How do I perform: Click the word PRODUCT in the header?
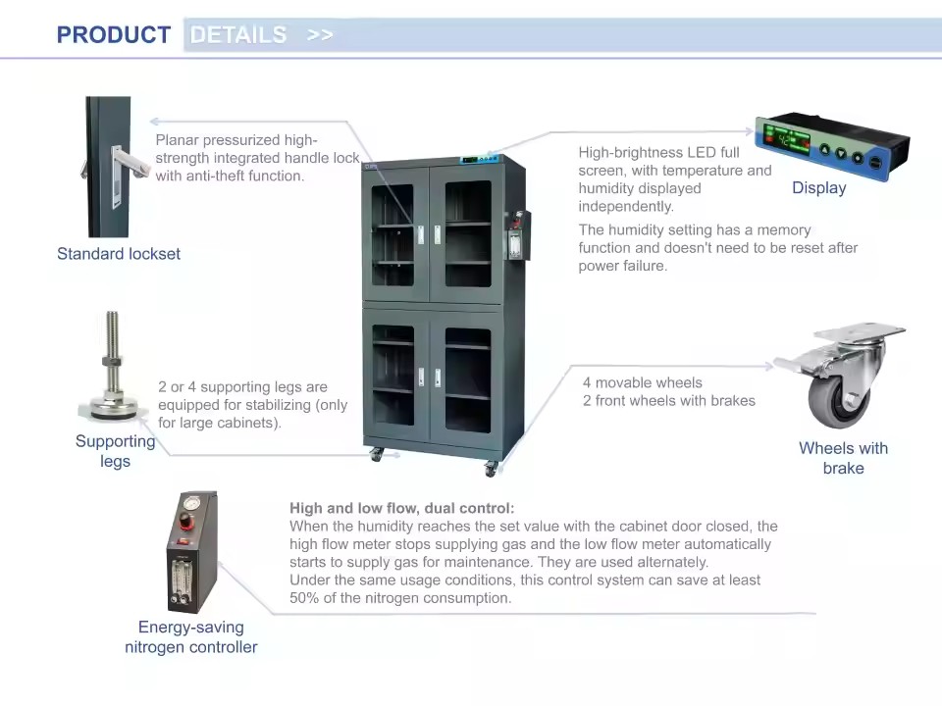114,35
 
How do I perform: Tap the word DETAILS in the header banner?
238,35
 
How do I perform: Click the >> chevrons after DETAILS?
320,35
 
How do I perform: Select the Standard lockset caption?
119,254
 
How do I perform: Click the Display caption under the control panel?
818,188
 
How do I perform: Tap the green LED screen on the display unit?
786,140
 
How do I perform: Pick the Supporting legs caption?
116,451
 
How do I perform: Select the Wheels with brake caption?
844,458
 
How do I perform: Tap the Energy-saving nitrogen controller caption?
191,637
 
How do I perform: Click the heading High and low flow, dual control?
402,509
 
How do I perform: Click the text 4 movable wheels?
642,382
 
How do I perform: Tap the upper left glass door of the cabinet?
392,234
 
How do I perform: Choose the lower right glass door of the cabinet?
468,379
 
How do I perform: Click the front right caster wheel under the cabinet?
491,469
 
